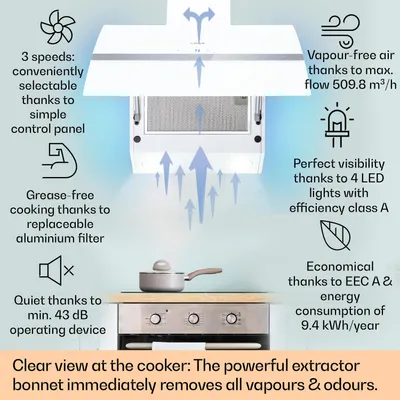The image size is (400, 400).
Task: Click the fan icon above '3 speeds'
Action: point(56,27)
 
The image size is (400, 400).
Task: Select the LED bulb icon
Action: point(337,125)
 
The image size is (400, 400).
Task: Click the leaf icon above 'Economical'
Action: point(335,235)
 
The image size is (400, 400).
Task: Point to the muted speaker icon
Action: point(57,270)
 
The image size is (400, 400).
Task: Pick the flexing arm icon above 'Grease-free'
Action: point(60,161)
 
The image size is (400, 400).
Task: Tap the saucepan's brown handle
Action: point(201,273)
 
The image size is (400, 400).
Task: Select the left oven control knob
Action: point(155,319)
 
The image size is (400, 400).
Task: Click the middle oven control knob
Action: point(193,319)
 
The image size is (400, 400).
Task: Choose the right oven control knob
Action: point(231,319)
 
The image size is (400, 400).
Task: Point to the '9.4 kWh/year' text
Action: point(340,325)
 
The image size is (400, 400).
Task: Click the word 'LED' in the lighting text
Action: point(372,178)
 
